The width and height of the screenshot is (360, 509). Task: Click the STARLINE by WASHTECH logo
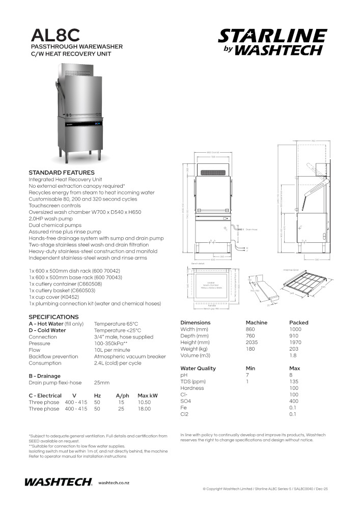tap(272, 42)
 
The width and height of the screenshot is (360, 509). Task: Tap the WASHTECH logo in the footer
tap(58, 482)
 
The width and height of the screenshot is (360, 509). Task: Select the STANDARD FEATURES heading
tap(62, 173)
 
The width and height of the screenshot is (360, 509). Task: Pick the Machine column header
tap(256, 323)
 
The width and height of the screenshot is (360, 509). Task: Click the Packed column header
tap(298, 323)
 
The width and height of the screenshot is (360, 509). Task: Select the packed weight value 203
tap(293, 349)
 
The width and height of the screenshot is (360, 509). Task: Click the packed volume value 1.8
tap(292, 356)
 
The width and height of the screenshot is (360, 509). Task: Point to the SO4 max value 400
tap(294, 401)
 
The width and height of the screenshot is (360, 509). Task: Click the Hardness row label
tap(192, 388)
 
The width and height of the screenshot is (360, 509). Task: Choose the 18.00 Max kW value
tap(144, 409)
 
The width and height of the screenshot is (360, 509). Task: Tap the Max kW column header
tap(148, 395)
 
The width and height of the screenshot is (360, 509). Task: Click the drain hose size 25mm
tap(102, 382)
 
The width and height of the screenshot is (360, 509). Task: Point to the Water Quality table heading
tap(198, 368)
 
